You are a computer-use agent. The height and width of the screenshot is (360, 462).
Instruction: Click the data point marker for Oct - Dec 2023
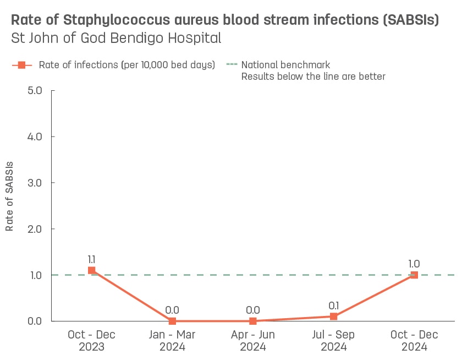point(92,270)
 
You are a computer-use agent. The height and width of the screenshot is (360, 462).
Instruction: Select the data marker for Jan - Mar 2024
point(172,321)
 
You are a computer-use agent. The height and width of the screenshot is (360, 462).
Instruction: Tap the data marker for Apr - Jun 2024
point(253,321)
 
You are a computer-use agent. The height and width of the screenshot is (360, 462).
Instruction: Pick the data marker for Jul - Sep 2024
point(333,317)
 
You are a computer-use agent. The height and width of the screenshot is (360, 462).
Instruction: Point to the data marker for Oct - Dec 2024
point(414,275)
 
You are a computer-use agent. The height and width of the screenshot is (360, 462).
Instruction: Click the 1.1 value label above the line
point(92,259)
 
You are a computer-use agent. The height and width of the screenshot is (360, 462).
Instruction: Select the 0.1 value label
point(333,305)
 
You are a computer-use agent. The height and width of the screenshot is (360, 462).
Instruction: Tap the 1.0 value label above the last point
point(414,264)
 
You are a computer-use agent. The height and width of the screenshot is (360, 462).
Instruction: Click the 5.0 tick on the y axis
point(35,90)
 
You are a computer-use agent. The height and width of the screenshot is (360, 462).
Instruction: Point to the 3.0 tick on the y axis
point(35,183)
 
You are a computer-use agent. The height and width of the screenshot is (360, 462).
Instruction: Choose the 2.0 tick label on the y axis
point(35,229)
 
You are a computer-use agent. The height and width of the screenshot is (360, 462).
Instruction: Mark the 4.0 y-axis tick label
point(35,137)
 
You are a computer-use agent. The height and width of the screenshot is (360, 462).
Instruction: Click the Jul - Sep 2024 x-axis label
point(333,341)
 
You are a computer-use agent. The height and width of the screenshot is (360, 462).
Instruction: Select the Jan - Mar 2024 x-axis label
point(172,341)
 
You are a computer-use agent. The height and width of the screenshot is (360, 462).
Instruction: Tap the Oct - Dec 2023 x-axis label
point(92,341)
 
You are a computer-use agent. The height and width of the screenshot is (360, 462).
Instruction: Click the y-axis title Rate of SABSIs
point(9,196)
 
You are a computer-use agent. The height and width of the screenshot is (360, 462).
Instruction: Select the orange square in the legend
point(22,65)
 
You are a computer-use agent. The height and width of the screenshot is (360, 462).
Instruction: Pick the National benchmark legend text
point(285,65)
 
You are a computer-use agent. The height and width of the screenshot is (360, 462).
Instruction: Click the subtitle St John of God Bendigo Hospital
point(116,39)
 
